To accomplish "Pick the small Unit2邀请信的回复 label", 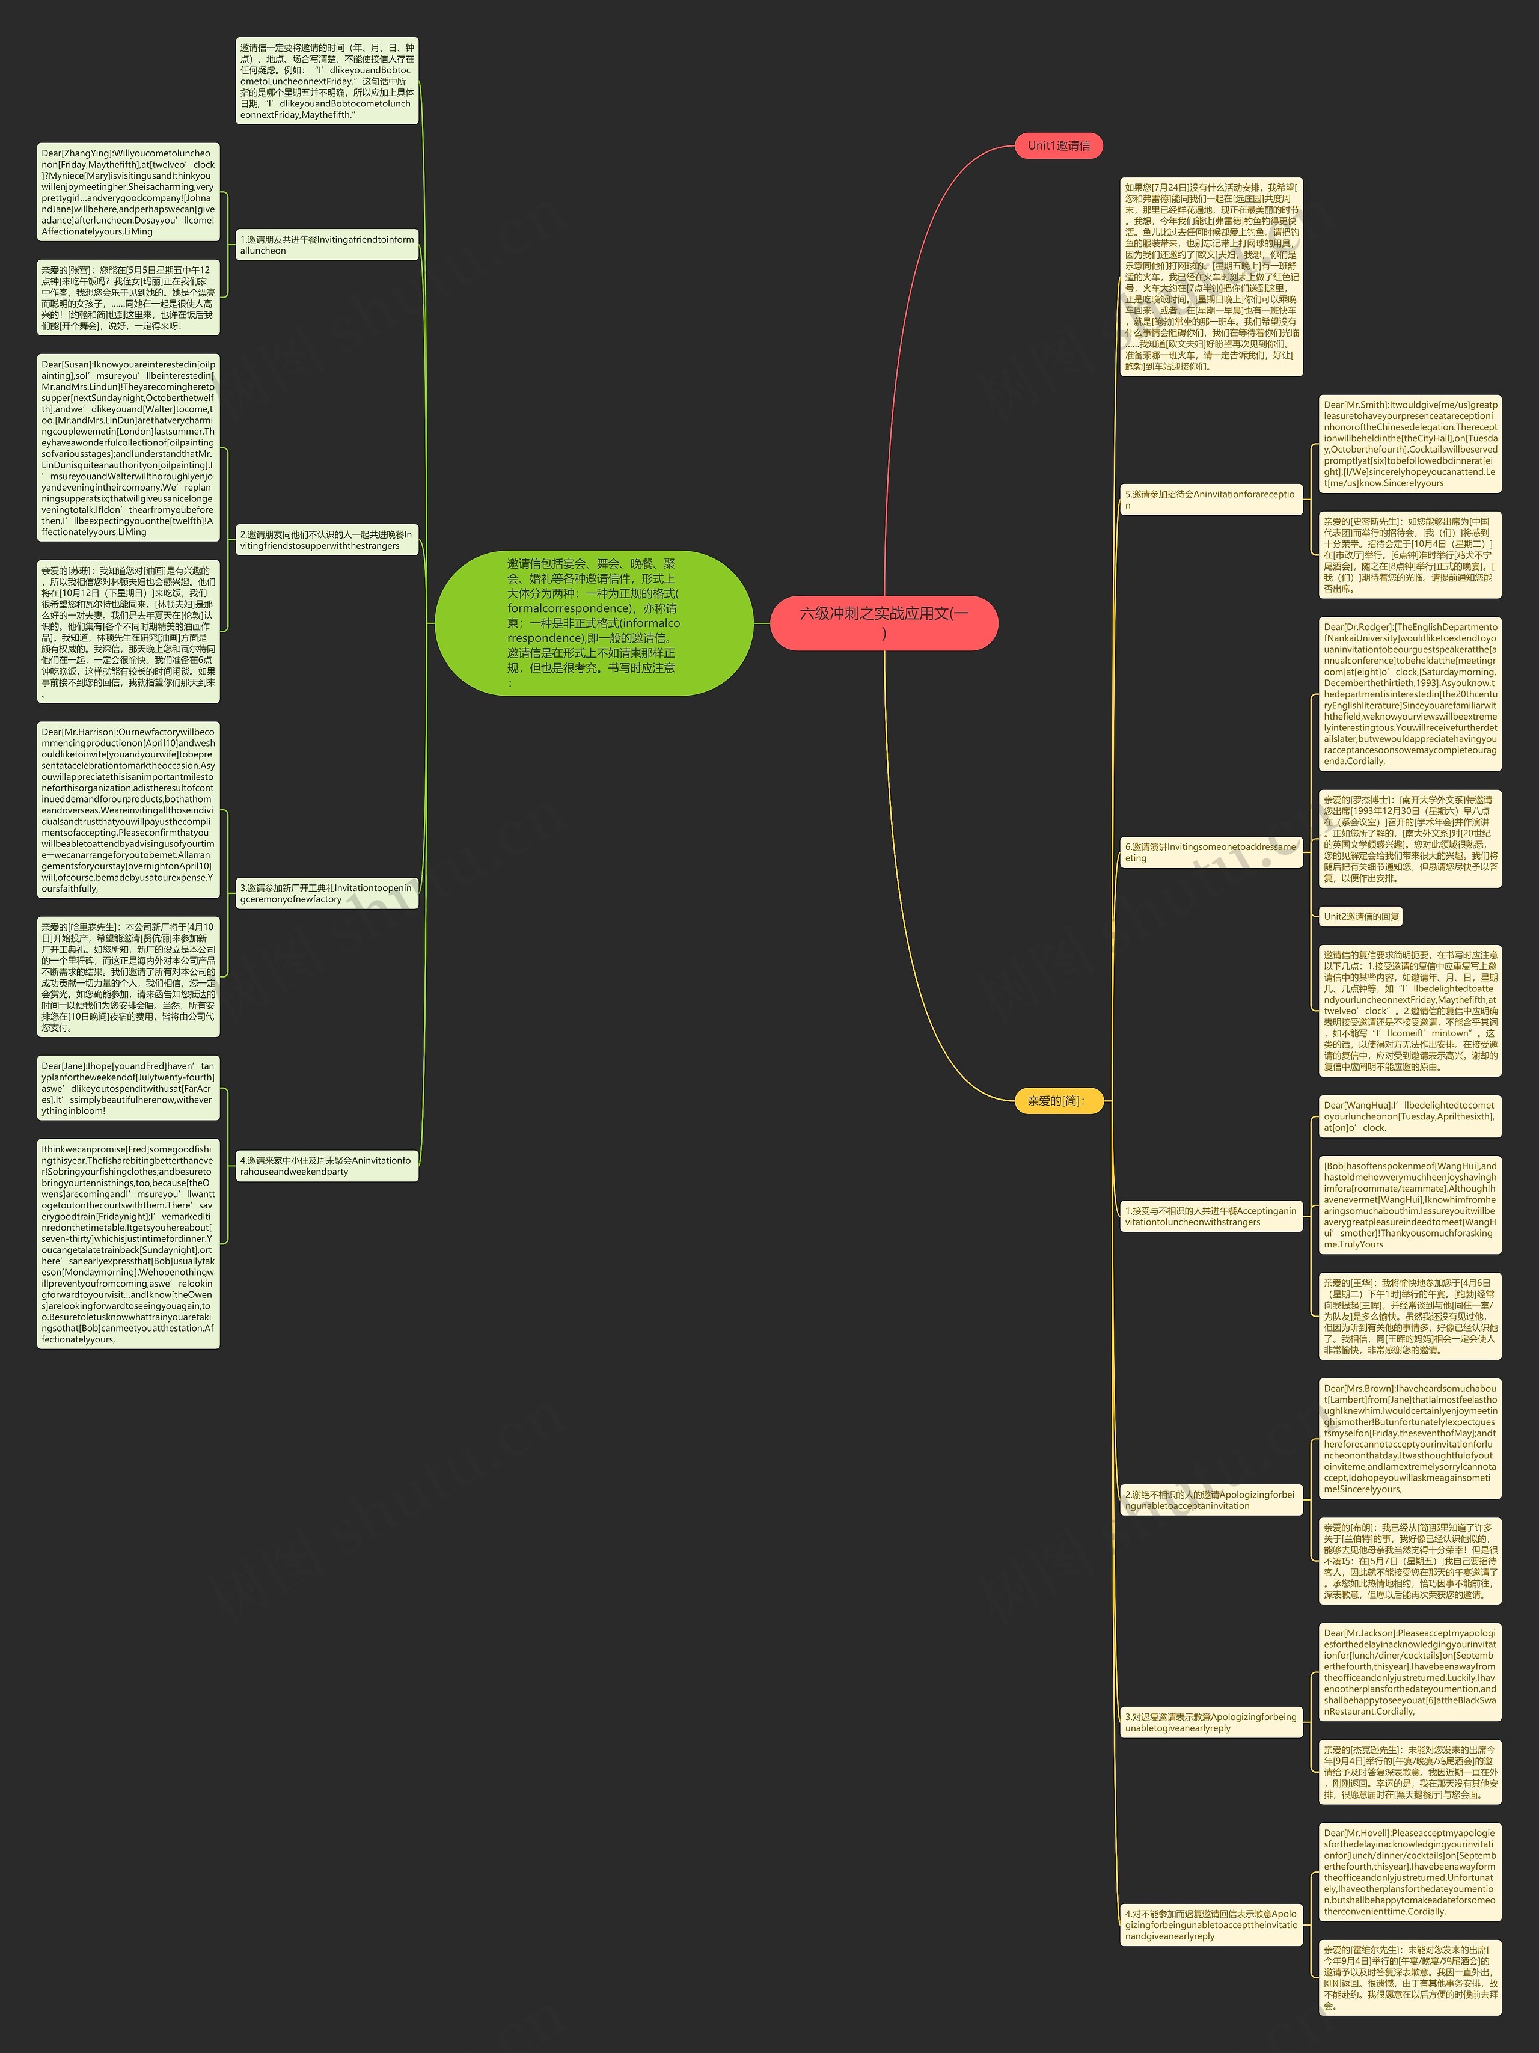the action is [1361, 916].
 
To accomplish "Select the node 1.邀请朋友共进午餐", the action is [326, 245].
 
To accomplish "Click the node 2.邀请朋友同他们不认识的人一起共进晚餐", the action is [326, 540].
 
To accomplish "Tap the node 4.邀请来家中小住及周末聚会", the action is [326, 1166].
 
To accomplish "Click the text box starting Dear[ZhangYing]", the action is [128, 192].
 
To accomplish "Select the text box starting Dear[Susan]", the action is [128, 448].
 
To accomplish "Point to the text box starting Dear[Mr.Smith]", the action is [1409, 444].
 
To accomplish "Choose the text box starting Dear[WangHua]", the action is [1409, 1116].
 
